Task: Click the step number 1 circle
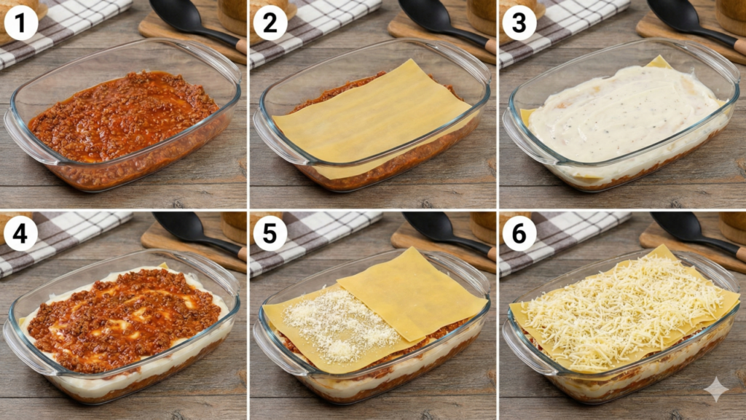pyautogui.click(x=20, y=23)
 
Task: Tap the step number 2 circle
pyautogui.click(x=270, y=23)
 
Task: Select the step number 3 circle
pyautogui.click(x=519, y=23)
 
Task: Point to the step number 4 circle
pyautogui.click(x=20, y=234)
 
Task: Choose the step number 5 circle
pyautogui.click(x=270, y=234)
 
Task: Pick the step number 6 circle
pyautogui.click(x=519, y=234)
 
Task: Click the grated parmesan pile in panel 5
pyautogui.click(x=340, y=324)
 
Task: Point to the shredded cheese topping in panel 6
pyautogui.click(x=624, y=309)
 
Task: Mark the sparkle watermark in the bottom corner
pyautogui.click(x=716, y=389)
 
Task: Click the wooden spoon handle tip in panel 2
pyautogui.click(x=490, y=46)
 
